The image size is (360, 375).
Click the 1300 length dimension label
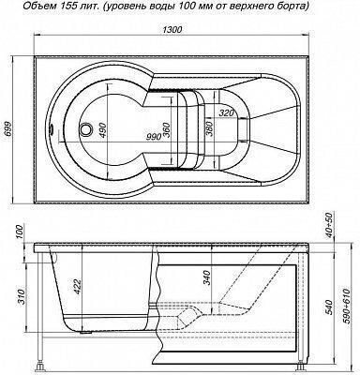tap(172, 29)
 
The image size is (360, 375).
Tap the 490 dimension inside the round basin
tap(103, 131)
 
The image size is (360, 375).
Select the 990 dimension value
tap(154, 136)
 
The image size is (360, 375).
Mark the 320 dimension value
tap(226, 113)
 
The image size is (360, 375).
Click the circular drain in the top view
tap(86, 128)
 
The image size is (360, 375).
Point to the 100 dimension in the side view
tap(20, 232)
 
